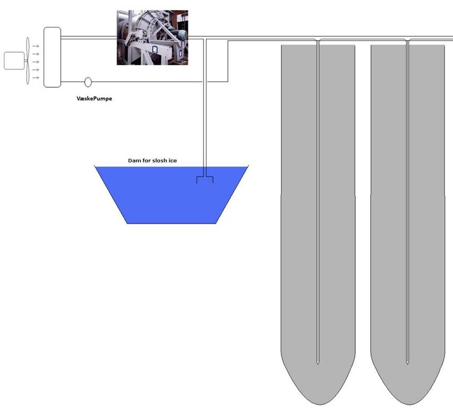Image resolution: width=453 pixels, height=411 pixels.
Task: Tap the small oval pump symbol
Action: click(x=88, y=82)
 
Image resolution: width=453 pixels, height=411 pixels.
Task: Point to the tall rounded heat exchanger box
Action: click(x=52, y=57)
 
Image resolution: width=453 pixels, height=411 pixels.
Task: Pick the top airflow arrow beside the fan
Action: click(x=36, y=46)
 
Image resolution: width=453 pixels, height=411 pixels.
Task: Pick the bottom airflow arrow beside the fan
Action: click(x=36, y=78)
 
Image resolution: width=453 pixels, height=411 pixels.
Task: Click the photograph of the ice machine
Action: click(x=152, y=37)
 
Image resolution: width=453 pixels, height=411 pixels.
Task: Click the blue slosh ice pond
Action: click(x=159, y=194)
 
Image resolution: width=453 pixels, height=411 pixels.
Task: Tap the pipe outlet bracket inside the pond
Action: click(x=205, y=179)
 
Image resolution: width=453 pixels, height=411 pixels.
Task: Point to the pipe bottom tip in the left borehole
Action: click(x=317, y=362)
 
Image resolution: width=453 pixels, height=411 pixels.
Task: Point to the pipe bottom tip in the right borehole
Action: click(x=407, y=362)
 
